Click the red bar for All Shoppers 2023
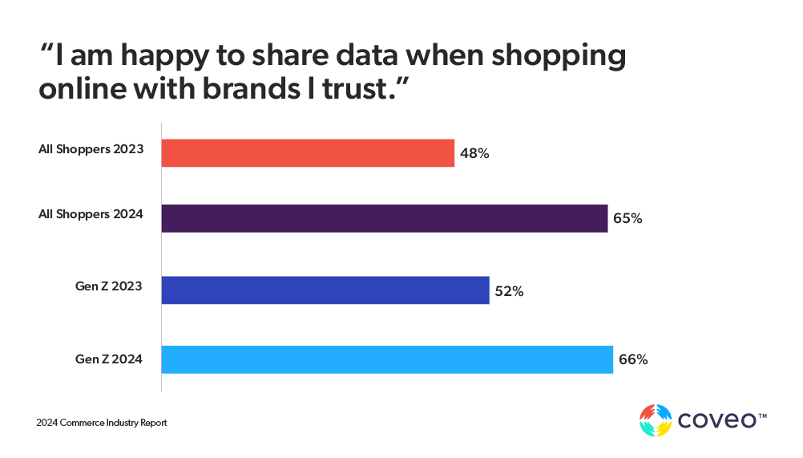[308, 152]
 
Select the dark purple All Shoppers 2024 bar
[385, 218]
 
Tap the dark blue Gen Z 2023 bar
[325, 290]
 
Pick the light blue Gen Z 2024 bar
[387, 359]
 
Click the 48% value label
[474, 153]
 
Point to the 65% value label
[627, 218]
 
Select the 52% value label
[509, 292]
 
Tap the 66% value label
[632, 360]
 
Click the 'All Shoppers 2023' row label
[91, 149]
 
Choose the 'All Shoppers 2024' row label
[91, 214]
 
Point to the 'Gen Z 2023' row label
[109, 286]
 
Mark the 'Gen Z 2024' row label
[109, 359]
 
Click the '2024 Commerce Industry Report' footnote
[101, 423]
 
